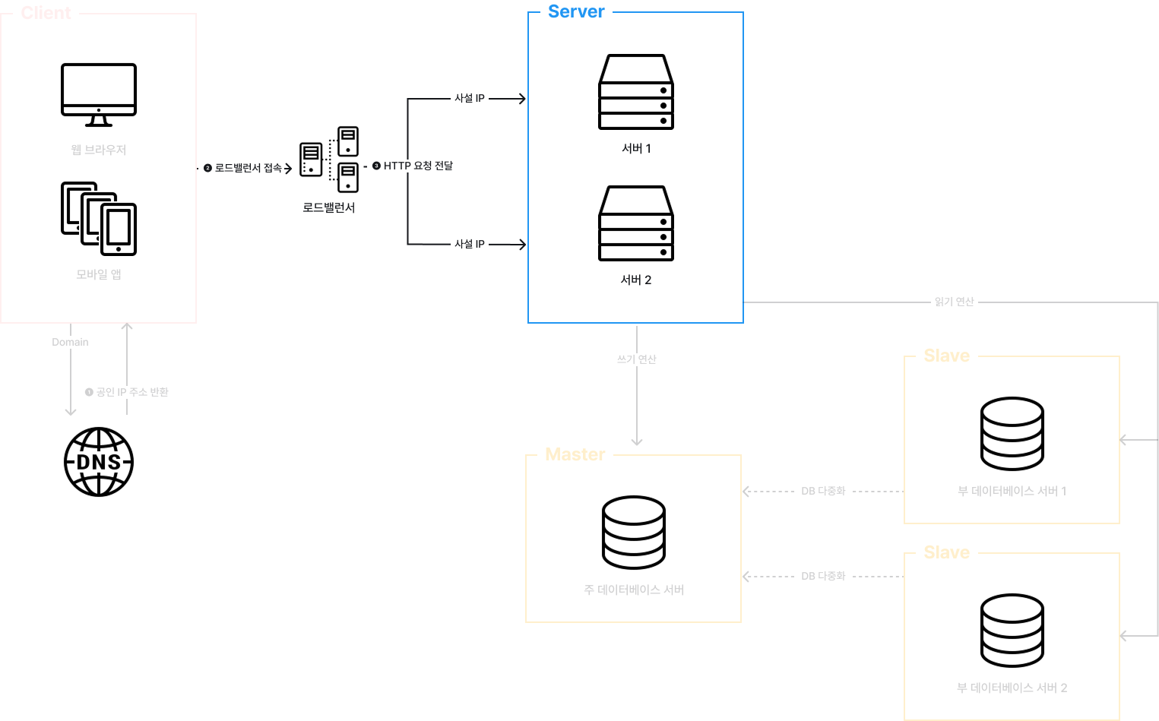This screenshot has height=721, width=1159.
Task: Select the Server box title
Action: tap(576, 11)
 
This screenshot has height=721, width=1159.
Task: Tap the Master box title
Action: tap(575, 454)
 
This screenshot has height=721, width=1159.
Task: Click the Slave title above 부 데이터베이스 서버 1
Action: tap(947, 356)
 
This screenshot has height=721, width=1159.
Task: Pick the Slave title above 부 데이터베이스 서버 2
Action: tap(947, 552)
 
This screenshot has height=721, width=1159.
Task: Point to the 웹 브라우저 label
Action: tap(99, 150)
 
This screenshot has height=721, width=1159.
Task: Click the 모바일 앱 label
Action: tap(99, 274)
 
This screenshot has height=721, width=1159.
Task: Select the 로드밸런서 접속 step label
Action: tap(242, 168)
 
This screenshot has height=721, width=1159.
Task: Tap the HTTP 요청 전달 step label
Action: tap(412, 166)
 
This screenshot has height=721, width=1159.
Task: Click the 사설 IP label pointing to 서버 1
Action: tap(470, 98)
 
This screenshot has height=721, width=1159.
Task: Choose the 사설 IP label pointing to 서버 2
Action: tap(470, 244)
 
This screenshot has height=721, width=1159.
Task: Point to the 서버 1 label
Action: tap(636, 148)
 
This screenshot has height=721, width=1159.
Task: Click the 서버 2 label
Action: tap(636, 280)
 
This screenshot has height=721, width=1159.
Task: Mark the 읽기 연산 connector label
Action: tap(955, 302)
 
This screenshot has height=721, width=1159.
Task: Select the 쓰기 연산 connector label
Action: tap(637, 359)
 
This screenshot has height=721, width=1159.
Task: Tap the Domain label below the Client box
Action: tap(71, 342)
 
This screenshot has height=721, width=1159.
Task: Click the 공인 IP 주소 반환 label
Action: tap(127, 392)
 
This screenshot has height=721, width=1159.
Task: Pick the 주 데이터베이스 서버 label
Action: tap(634, 590)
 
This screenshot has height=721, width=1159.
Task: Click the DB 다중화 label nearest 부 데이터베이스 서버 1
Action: tap(823, 491)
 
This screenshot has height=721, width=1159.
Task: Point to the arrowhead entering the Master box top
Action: tap(637, 442)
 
